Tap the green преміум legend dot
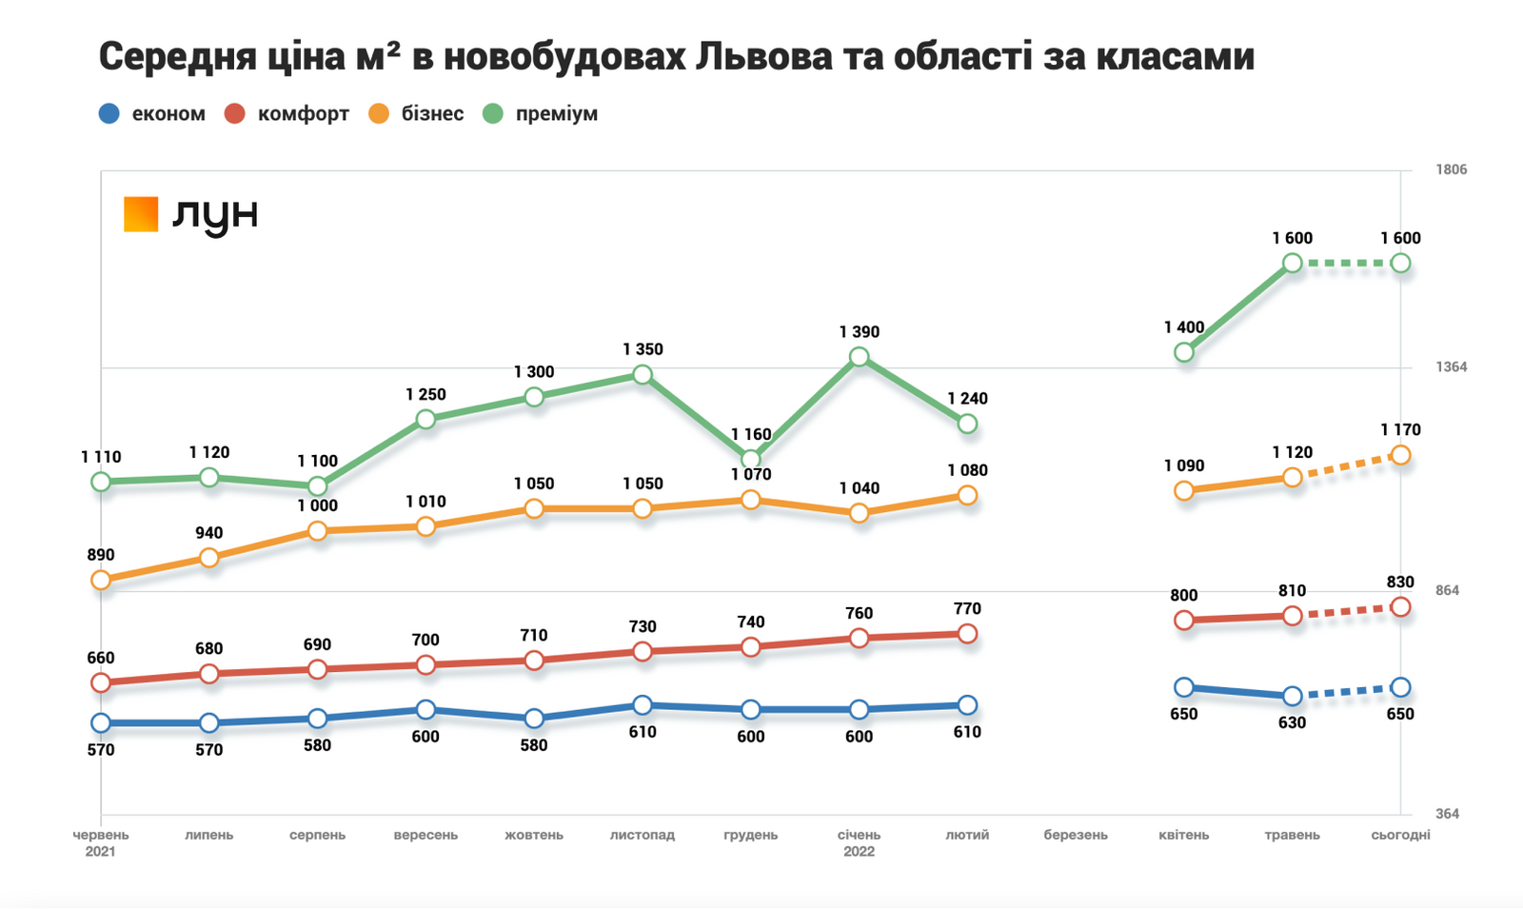[492, 114]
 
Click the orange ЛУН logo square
[141, 214]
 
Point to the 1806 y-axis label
[1451, 169]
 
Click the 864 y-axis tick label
[1447, 590]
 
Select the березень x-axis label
[1076, 835]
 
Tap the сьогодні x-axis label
[1400, 835]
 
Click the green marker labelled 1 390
[859, 357]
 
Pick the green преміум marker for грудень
[751, 460]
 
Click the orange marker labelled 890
[101, 581]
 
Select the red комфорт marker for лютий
[967, 634]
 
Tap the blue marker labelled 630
[1292, 697]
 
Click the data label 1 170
[1400, 430]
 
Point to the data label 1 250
[425, 394]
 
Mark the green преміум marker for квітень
[1184, 352]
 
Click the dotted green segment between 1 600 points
[1346, 264]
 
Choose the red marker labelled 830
[1400, 607]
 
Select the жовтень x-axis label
[534, 835]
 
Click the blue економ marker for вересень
[425, 710]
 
